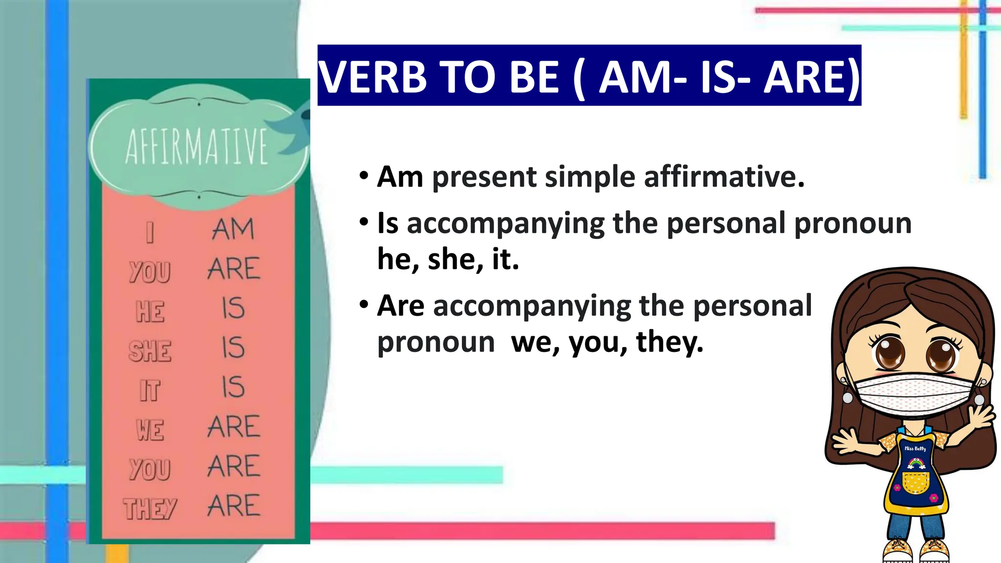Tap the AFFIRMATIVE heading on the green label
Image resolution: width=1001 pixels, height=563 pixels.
196,147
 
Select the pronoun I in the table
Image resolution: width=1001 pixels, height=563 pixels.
150,232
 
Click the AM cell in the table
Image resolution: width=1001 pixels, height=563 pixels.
233,229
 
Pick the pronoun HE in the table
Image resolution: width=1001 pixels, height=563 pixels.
150,311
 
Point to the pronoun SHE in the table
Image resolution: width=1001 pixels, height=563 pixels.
150,351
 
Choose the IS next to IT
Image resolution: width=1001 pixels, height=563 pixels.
233,387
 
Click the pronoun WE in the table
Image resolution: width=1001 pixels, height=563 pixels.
150,430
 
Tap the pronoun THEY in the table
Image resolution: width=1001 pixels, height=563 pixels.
150,509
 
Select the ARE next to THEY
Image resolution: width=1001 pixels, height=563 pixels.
234,505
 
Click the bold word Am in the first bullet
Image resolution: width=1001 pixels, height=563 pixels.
400,176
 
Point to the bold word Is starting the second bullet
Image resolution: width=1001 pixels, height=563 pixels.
388,223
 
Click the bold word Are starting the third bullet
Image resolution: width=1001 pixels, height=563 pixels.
401,306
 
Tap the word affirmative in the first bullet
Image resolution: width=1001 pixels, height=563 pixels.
723,176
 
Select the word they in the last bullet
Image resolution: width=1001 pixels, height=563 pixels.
669,342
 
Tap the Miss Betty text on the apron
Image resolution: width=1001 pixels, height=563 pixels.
915,448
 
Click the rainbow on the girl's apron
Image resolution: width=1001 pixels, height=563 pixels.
916,463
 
